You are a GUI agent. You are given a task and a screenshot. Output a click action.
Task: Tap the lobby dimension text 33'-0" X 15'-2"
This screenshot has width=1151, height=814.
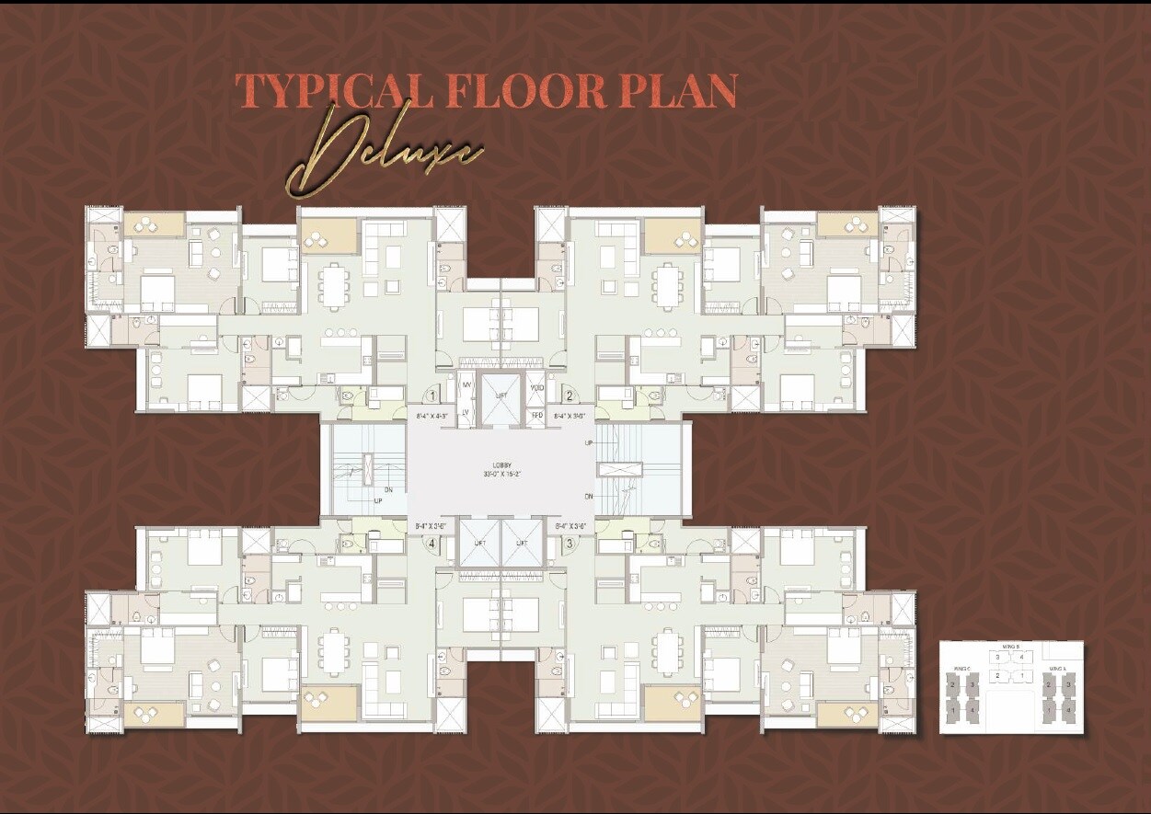point(501,475)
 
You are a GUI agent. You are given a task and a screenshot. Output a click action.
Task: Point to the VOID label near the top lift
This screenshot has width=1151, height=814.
point(537,387)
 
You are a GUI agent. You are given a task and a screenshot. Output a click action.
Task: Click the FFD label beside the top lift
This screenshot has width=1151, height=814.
point(537,416)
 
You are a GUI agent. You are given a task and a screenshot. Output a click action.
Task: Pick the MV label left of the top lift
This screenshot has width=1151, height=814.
point(466,384)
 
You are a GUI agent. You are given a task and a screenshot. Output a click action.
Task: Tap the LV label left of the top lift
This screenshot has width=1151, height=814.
point(466,411)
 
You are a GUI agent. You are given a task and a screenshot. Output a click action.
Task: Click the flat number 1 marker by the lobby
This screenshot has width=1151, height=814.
point(432,396)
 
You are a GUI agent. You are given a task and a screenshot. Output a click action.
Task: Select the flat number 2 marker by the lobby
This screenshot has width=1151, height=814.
point(570,396)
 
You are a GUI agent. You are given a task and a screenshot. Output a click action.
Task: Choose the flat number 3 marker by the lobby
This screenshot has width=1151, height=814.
point(570,543)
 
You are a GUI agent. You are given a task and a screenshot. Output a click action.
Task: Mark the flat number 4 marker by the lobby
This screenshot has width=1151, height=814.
point(432,543)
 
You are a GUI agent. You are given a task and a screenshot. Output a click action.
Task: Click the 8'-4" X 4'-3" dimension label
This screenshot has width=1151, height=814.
point(434,416)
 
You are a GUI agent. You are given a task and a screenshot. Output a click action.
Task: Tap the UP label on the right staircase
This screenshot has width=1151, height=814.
point(589,443)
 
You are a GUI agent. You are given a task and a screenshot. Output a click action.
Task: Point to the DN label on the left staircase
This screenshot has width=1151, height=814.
point(388,490)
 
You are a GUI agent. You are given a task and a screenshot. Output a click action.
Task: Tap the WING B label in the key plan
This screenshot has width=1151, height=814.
point(1010,647)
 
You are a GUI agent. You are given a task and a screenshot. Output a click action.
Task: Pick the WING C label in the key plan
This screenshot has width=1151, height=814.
point(962,669)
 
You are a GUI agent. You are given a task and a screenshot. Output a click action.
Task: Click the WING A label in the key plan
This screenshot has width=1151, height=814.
point(1057,669)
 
